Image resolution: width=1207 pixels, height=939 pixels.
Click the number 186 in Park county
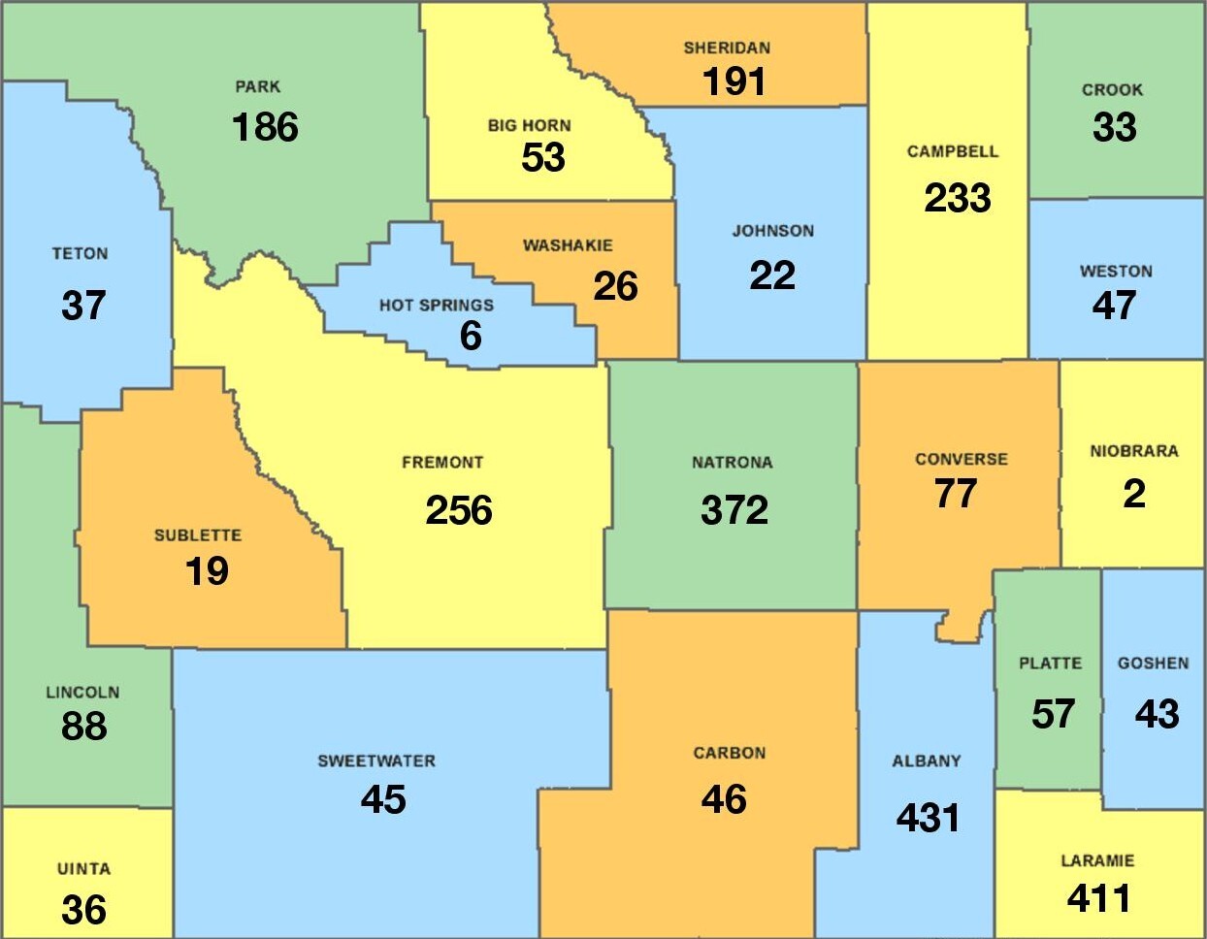point(265,127)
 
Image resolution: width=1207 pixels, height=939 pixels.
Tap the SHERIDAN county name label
point(727,48)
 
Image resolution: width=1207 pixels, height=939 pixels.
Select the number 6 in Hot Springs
point(471,336)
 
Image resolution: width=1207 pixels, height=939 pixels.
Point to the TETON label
point(80,254)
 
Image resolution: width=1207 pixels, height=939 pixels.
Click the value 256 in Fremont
point(459,510)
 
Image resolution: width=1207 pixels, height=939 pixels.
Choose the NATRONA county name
point(732,463)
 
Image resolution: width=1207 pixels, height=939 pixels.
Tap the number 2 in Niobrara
point(1133,494)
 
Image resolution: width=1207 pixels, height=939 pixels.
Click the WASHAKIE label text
point(568,245)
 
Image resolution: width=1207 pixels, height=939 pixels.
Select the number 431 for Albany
point(929,818)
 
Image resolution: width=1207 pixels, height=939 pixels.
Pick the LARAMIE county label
point(1097,860)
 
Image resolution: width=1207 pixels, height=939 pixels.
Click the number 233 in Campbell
point(958,198)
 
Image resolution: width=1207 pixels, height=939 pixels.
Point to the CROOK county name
point(1112,90)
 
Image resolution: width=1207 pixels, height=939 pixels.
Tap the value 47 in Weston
point(1114,306)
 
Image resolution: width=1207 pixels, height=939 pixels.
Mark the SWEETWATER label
point(376,761)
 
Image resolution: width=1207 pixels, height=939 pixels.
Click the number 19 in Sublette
point(207,571)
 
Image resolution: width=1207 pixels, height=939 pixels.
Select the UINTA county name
point(83,869)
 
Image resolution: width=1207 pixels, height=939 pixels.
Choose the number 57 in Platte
point(1053,714)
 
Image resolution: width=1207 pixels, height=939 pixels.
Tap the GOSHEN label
point(1153,664)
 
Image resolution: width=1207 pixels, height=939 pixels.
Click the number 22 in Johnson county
point(772,275)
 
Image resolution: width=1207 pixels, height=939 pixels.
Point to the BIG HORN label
point(529,126)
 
